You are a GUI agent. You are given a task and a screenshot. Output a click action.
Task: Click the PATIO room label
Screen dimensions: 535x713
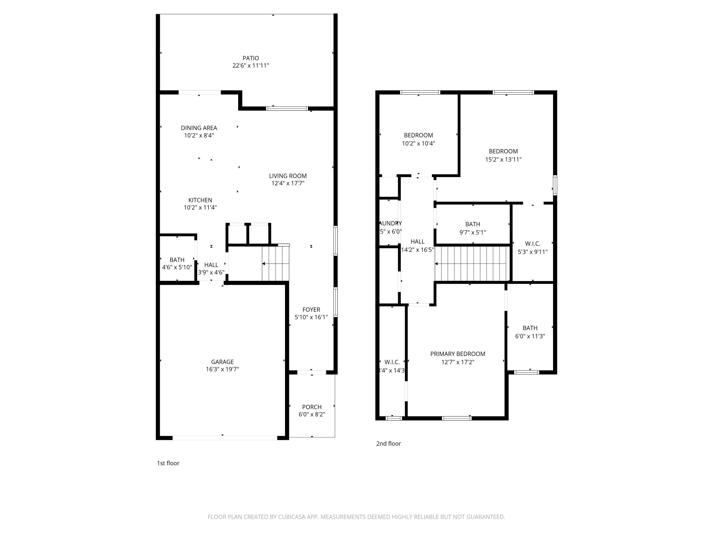coord(251,58)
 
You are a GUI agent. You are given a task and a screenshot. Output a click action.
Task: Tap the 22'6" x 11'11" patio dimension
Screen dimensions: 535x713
coord(251,65)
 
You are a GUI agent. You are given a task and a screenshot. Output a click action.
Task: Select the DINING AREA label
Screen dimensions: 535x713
coord(199,128)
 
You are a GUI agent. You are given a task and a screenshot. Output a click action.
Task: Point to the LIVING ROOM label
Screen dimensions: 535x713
coord(288,176)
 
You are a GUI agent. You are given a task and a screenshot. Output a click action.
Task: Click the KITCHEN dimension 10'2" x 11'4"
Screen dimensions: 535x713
coord(200,207)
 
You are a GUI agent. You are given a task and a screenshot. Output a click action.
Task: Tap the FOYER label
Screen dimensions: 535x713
coord(311,310)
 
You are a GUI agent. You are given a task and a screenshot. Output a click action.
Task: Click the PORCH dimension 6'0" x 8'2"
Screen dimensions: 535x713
coord(312,414)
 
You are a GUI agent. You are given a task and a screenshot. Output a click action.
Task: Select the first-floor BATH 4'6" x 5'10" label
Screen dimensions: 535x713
coord(177,260)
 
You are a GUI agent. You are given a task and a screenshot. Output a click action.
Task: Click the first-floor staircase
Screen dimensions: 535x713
coord(275,264)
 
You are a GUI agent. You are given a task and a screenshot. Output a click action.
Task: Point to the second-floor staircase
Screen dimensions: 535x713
coord(472,264)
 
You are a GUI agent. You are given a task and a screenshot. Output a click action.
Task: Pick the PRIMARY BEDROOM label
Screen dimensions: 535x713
coord(458,354)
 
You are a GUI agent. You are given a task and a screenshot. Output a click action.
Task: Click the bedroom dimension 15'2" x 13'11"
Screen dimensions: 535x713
coord(503,159)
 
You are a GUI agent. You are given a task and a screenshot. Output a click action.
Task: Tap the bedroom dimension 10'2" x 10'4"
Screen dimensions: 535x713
coord(418,144)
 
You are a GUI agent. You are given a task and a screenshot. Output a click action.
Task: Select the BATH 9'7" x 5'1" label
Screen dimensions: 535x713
coord(472,224)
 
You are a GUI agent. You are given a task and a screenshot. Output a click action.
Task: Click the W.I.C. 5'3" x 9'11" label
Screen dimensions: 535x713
coord(533,244)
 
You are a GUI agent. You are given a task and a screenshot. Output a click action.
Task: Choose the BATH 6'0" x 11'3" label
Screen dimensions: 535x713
coord(530,328)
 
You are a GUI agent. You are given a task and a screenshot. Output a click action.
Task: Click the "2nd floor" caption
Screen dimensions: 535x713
coord(388,443)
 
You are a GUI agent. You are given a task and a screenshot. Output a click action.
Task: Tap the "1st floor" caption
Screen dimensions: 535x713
coord(168,463)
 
